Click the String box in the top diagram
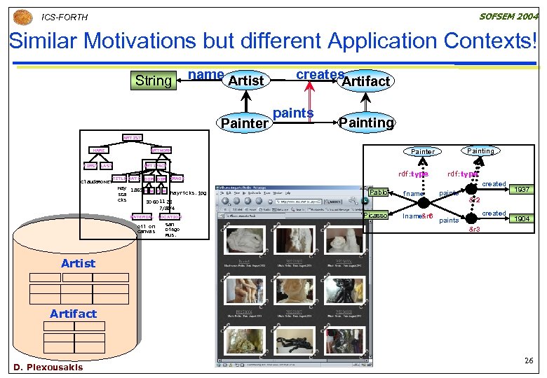click(154, 80)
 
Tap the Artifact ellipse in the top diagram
click(365, 81)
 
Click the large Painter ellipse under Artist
click(244, 123)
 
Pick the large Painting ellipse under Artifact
click(367, 122)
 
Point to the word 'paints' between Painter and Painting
click(293, 113)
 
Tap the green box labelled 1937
click(520, 189)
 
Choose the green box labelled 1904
click(520, 218)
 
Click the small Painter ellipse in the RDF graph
click(422, 151)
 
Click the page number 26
click(529, 360)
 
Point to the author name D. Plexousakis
click(48, 367)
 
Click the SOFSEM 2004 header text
click(508, 16)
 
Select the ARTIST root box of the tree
click(133, 138)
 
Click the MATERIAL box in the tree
click(142, 217)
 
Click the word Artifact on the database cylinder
click(73, 313)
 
